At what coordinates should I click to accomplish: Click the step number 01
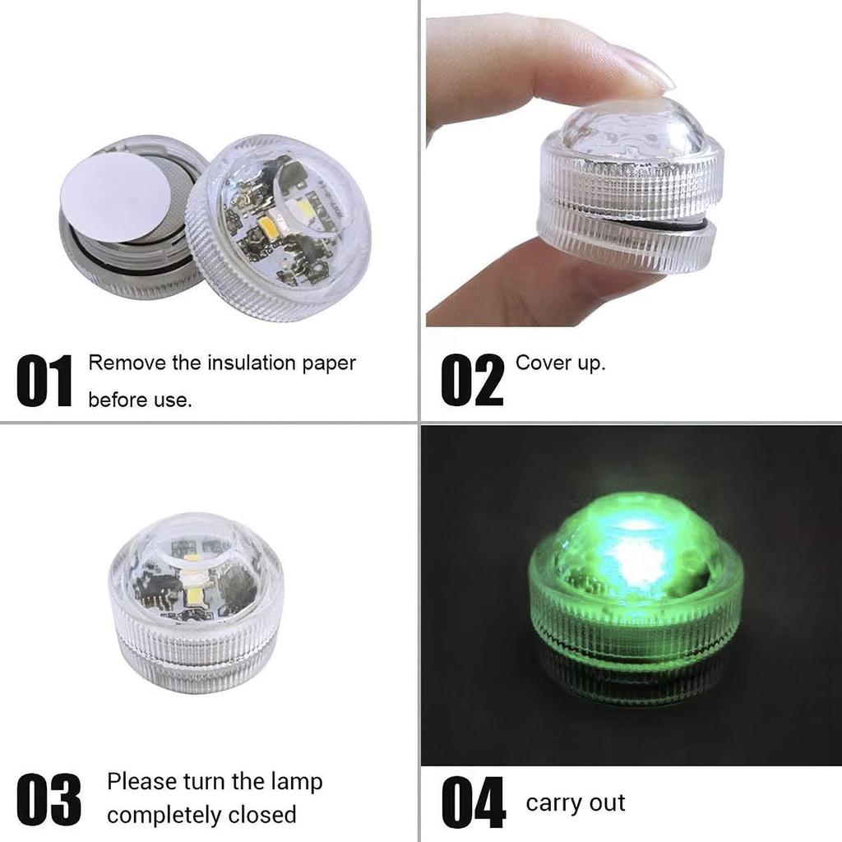(x=44, y=381)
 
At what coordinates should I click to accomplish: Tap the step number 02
(x=472, y=380)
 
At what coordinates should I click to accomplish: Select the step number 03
(x=49, y=798)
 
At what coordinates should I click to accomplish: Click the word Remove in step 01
(x=127, y=363)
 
